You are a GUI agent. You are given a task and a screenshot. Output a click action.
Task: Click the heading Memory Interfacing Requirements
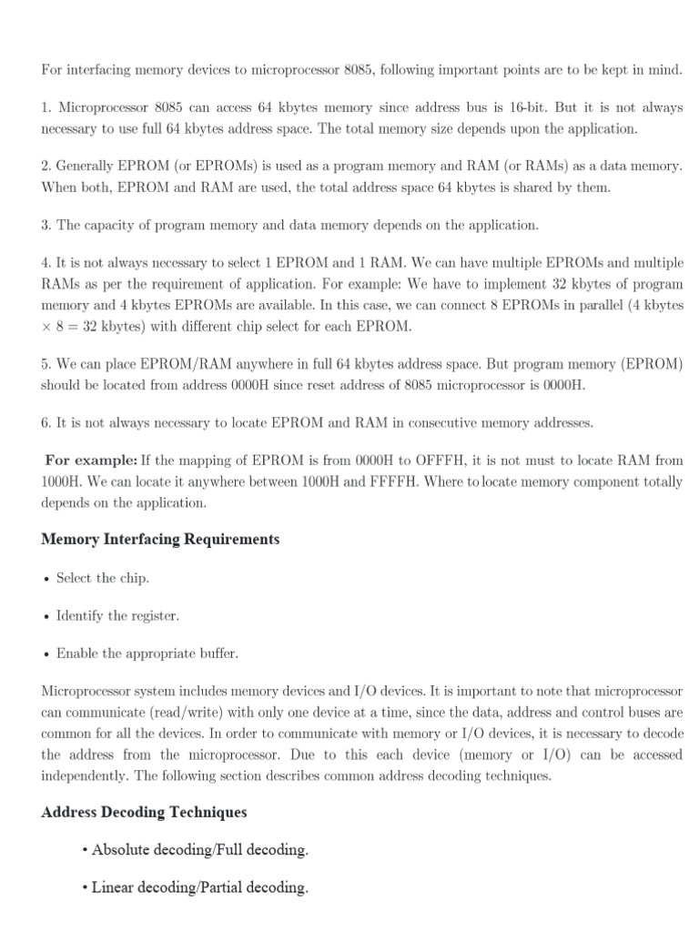pos(160,540)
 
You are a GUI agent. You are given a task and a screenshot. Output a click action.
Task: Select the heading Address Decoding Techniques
pos(144,812)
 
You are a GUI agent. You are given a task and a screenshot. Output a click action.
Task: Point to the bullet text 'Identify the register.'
pos(117,616)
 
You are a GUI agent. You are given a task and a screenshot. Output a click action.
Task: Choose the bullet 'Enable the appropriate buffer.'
pos(147,653)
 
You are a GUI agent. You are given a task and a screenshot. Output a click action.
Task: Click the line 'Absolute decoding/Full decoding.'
pos(200,850)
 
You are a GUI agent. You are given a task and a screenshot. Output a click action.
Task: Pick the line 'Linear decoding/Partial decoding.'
pos(200,887)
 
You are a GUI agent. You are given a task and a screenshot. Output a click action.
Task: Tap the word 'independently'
pos(84,775)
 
